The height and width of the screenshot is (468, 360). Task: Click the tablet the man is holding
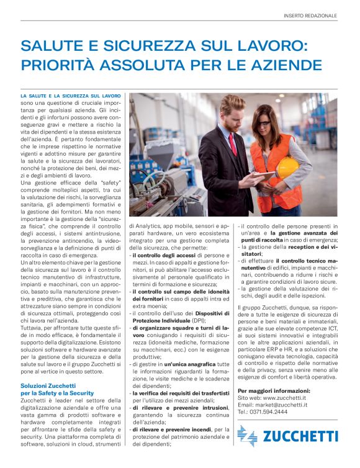coord(263,176)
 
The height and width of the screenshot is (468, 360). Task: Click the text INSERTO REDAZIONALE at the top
coord(310,15)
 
